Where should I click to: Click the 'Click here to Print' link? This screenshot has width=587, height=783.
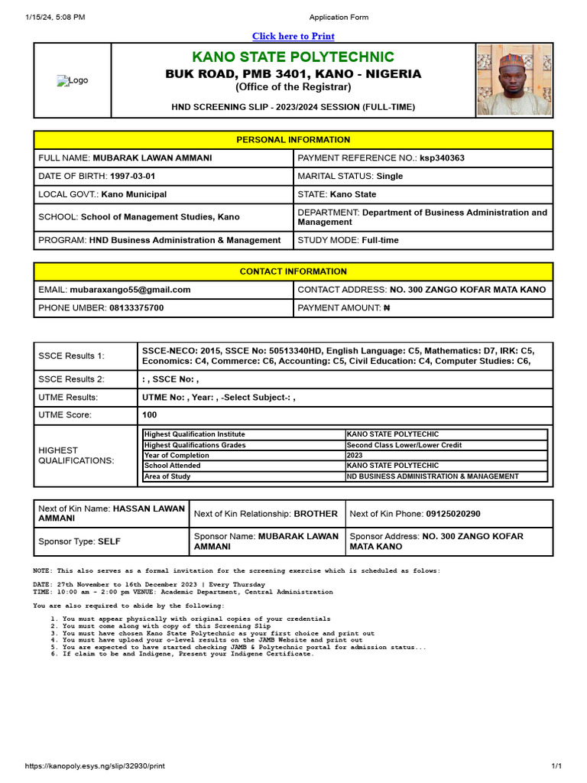coord(293,36)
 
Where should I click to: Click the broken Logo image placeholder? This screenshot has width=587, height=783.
coord(73,80)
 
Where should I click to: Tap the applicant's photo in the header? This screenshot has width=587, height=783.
coord(514,80)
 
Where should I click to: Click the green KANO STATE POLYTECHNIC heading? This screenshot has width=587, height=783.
coord(293,57)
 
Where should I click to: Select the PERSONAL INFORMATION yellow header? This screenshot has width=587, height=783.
coord(293,140)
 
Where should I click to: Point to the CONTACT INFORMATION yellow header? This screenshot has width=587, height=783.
coord(293,271)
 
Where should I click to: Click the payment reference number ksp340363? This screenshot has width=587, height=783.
coord(442,158)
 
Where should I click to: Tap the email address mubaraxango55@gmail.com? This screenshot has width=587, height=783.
coord(130,290)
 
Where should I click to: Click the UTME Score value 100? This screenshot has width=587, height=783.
coord(150,415)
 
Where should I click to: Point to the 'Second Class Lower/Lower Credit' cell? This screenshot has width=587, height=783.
coord(404,445)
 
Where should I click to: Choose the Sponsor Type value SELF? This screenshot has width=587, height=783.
coord(109,541)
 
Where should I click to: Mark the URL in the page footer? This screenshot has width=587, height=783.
coord(95,765)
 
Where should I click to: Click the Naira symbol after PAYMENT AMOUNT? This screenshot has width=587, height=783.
coord(386,308)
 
